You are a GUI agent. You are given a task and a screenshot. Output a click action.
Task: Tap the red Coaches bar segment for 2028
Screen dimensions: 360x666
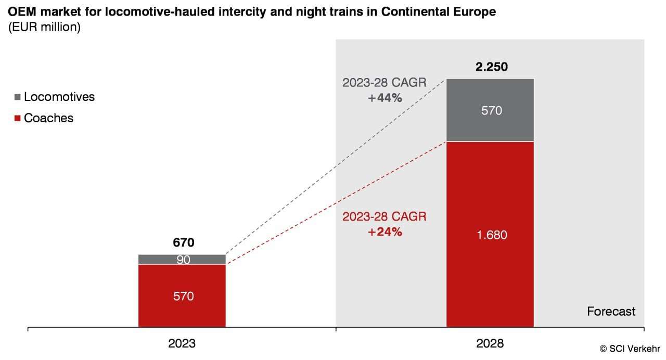point(490,271)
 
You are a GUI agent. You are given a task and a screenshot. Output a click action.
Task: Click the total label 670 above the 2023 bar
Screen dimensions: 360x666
point(183,242)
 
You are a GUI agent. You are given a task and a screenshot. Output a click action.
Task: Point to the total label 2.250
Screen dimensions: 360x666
point(491,67)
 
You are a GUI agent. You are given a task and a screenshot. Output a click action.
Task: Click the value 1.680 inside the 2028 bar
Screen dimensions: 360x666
point(491,235)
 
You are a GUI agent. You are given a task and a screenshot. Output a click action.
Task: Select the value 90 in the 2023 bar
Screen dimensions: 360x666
point(183,260)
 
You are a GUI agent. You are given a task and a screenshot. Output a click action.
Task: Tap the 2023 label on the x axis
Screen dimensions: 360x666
point(182,344)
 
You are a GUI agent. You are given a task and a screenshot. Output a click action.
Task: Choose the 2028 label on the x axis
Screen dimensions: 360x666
point(490,344)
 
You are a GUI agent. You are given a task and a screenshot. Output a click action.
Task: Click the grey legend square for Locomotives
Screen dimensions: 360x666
point(17,97)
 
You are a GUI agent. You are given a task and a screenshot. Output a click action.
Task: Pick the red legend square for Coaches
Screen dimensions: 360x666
point(17,119)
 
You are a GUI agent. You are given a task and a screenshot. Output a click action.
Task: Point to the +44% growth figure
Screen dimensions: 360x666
point(385,97)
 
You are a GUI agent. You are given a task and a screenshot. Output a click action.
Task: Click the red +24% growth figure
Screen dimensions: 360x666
point(385,232)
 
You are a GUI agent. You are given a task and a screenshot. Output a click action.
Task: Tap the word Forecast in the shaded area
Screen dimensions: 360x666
point(611,312)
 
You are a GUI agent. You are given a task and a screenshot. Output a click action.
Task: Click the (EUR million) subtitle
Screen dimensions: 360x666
point(44,28)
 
